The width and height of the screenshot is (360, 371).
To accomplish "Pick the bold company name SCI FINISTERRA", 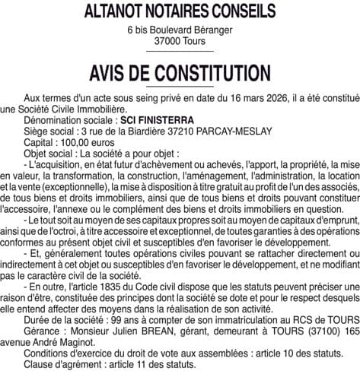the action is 162,121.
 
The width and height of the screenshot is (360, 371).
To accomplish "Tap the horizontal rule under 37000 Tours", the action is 180,51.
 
